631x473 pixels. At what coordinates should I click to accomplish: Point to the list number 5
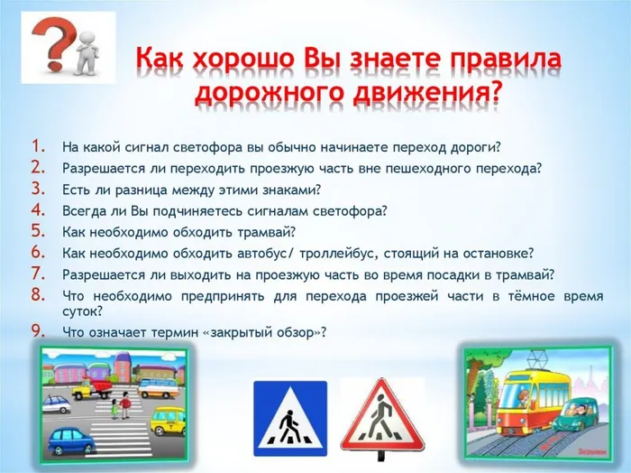(38, 231)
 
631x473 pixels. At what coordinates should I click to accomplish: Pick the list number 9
(38, 331)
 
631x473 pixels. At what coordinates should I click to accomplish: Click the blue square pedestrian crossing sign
(288, 416)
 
